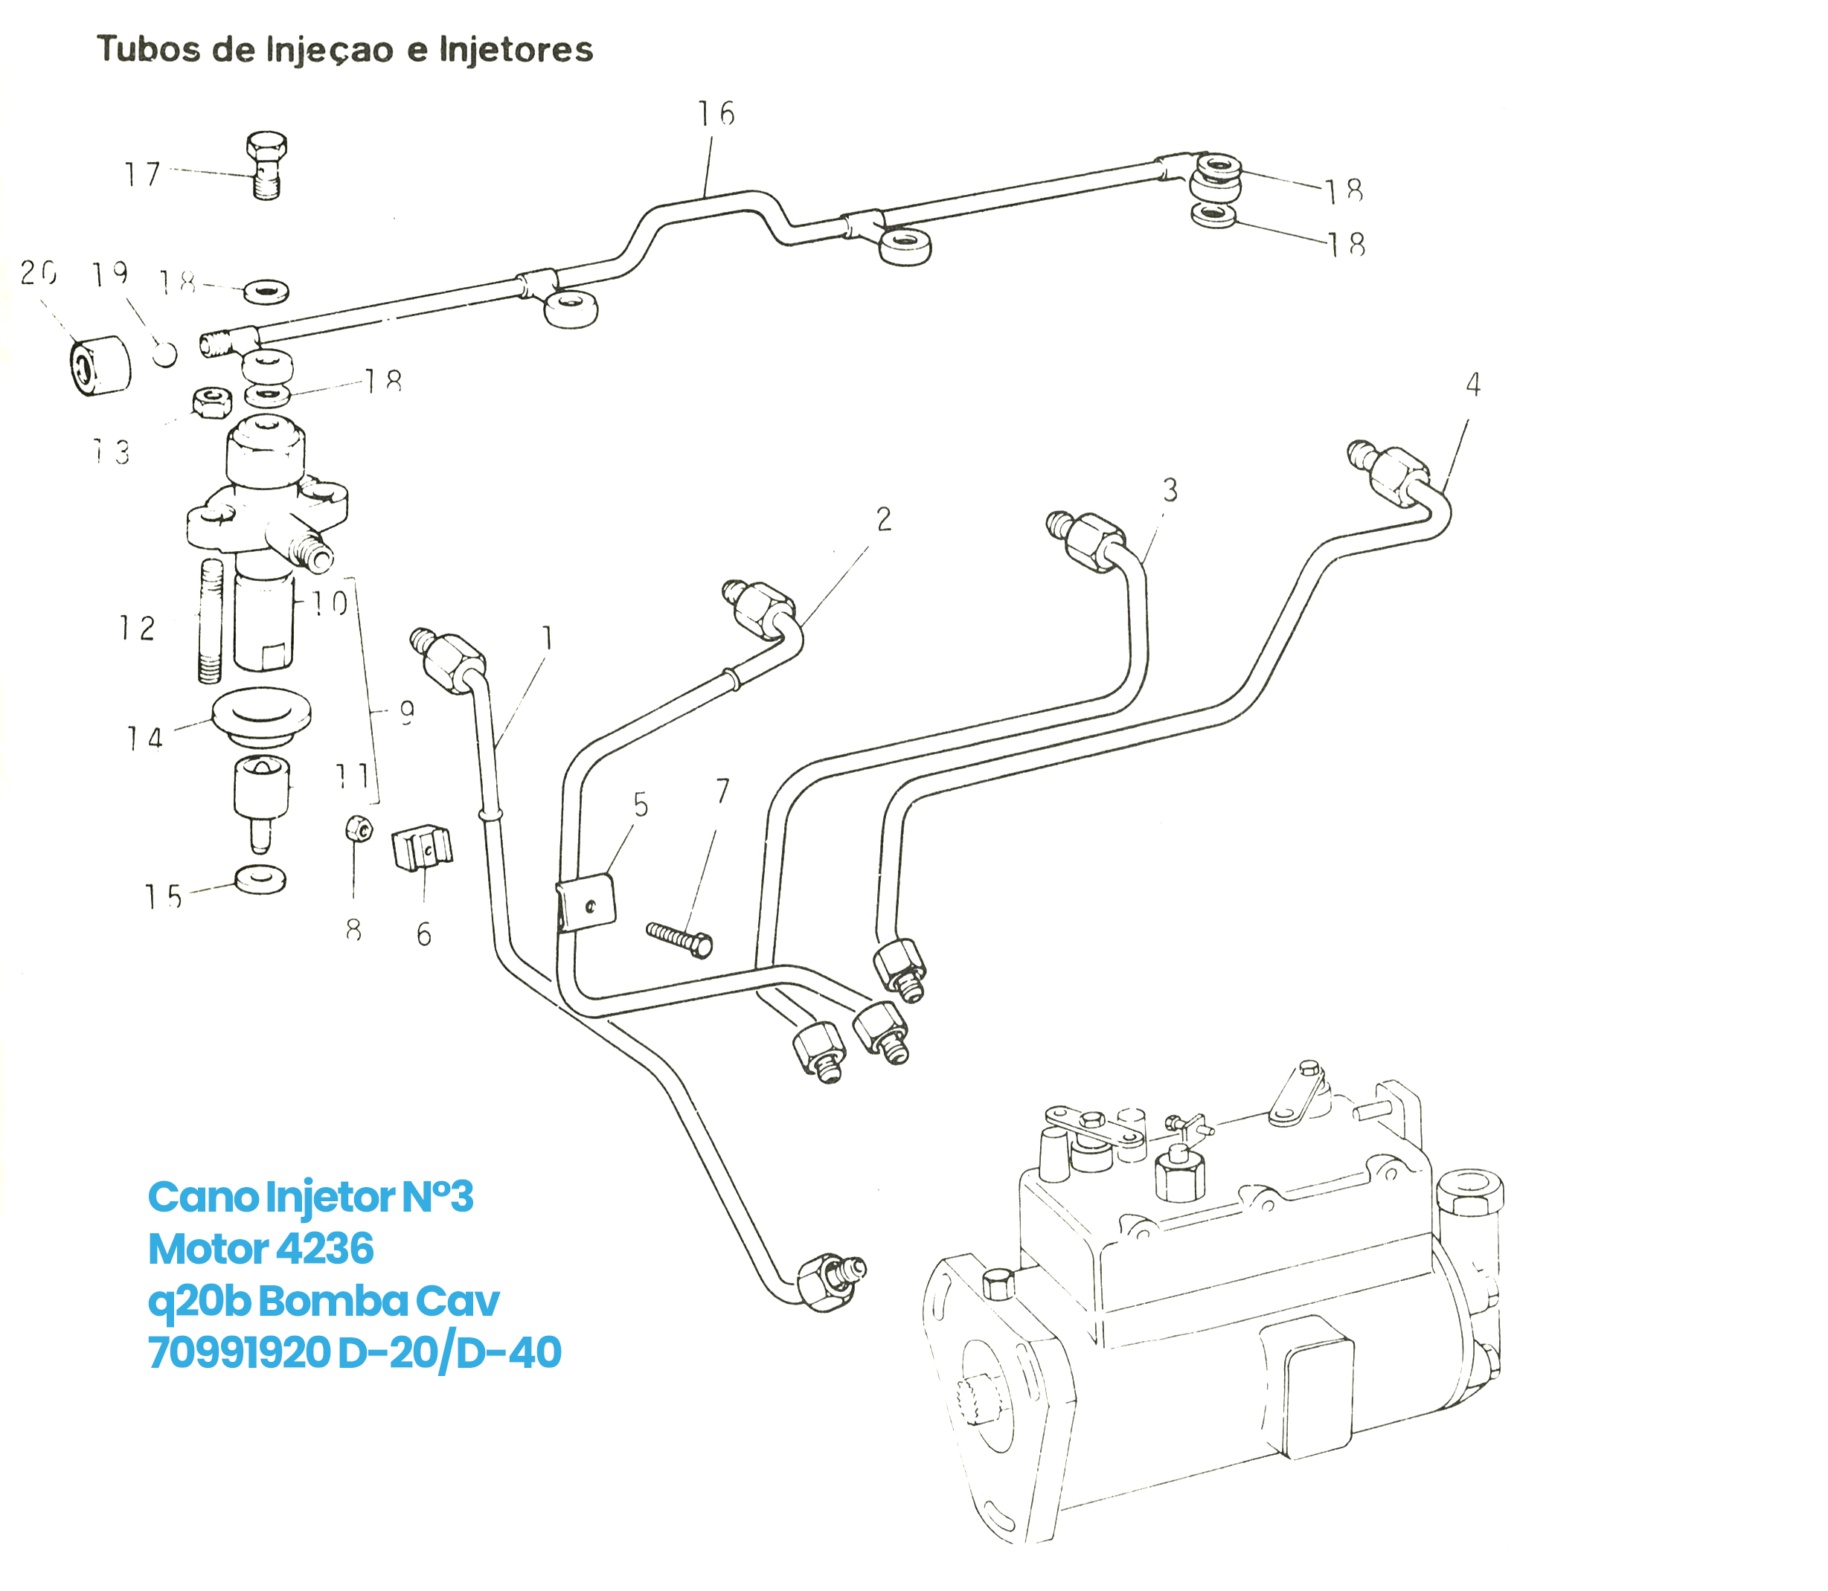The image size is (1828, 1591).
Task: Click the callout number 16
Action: (716, 114)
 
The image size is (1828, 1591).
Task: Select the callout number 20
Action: (38, 272)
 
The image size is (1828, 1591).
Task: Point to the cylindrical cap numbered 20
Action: (100, 365)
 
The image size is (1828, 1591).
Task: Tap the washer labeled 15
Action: (260, 879)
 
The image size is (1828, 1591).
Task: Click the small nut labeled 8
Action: (358, 830)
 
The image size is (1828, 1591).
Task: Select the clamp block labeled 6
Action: (422, 848)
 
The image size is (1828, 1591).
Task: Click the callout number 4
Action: (1472, 385)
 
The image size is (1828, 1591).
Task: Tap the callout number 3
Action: (1170, 490)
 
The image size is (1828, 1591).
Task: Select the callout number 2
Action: (883, 519)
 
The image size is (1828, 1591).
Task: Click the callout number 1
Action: (547, 637)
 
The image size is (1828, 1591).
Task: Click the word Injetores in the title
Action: (516, 50)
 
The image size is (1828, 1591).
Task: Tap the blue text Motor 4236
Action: (260, 1248)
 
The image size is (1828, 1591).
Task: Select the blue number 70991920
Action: (239, 1352)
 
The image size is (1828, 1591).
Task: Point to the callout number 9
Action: (407, 712)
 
